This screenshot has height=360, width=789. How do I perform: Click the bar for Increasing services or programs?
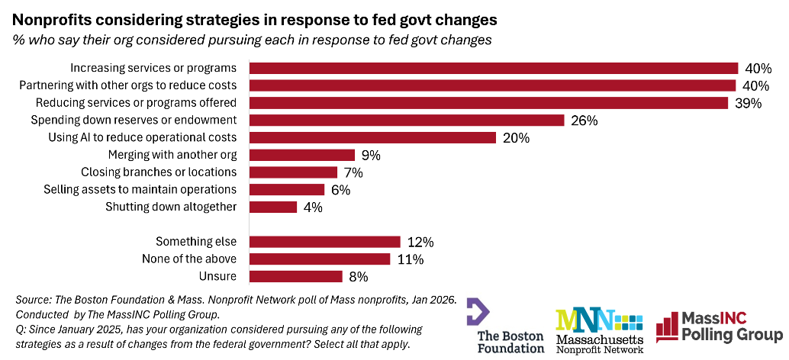click(x=494, y=68)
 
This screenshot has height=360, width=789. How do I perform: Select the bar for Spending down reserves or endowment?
click(x=407, y=120)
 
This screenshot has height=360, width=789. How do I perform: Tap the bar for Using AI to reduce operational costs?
click(x=372, y=137)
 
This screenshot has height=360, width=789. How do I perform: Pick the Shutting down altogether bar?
click(x=273, y=207)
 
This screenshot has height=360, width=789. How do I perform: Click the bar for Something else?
click(x=324, y=242)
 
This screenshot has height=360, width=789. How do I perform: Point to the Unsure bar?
click(x=295, y=276)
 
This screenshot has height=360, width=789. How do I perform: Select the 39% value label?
click(x=748, y=103)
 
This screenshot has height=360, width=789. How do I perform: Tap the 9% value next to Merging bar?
click(x=370, y=156)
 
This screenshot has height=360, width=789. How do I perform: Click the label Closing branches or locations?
click(x=159, y=172)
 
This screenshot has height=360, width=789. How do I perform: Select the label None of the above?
click(x=189, y=259)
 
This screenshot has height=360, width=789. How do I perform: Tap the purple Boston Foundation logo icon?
click(x=478, y=312)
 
